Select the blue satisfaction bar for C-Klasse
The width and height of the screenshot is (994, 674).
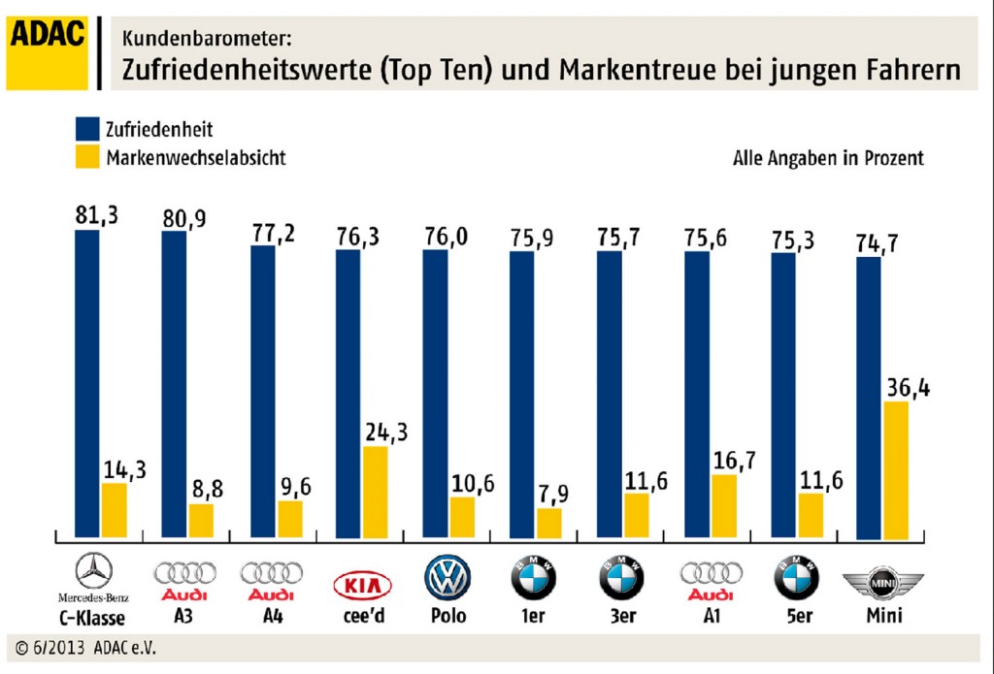click(x=87, y=383)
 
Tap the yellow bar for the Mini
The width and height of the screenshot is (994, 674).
click(x=895, y=469)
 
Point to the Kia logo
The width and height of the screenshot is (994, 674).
click(x=363, y=585)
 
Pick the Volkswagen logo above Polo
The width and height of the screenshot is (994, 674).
click(x=447, y=578)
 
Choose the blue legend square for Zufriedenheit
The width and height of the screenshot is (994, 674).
click(x=87, y=130)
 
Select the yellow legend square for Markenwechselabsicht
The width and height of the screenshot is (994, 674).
click(x=87, y=157)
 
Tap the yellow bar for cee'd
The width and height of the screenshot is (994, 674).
click(x=376, y=492)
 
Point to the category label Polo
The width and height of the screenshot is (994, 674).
click(x=447, y=616)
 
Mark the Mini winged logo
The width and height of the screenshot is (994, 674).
click(x=882, y=584)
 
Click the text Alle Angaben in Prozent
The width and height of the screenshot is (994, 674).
click(x=828, y=158)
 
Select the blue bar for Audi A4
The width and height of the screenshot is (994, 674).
click(x=263, y=392)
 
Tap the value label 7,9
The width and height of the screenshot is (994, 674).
click(x=550, y=495)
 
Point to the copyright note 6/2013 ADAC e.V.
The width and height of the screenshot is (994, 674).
click(x=86, y=647)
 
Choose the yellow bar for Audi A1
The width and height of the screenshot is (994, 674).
click(x=723, y=505)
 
